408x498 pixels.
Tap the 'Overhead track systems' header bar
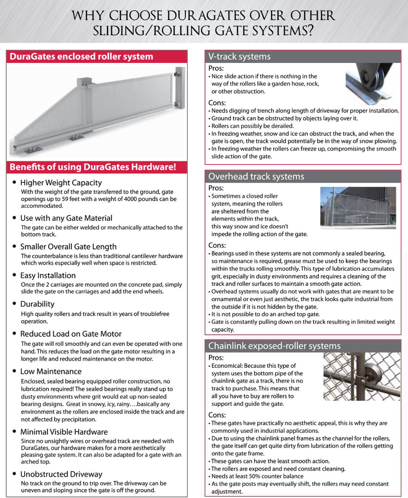[x=256, y=177]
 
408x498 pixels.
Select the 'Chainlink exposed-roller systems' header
[x=274, y=346]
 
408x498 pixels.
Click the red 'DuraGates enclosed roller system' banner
[x=81, y=57]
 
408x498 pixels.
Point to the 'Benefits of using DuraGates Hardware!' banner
[x=92, y=167]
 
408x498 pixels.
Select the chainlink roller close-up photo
[x=362, y=376]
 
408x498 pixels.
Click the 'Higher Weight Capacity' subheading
[x=61, y=183]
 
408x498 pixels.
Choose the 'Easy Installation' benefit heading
[x=48, y=276]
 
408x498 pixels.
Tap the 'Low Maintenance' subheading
[x=51, y=372]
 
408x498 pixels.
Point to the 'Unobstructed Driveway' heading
[x=61, y=474]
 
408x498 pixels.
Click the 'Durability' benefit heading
[x=37, y=304]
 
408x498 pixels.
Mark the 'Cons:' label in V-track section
[x=217, y=103]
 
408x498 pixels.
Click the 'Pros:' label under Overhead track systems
[x=216, y=188]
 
